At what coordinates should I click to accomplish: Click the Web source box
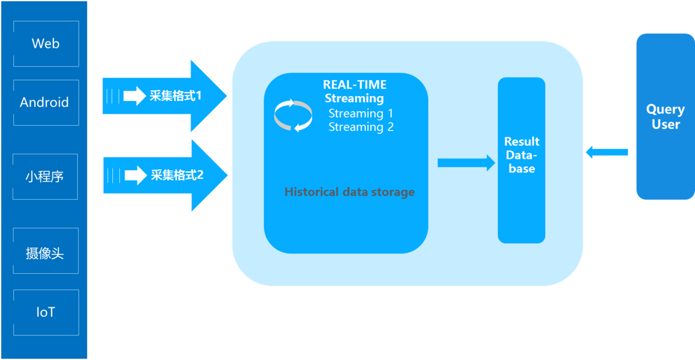(45, 43)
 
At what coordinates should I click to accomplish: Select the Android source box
(45, 102)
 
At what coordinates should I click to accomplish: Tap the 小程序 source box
(45, 177)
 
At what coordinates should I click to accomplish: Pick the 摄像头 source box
(45, 253)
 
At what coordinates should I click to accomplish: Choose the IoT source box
(45, 313)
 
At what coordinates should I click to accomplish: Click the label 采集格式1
(175, 95)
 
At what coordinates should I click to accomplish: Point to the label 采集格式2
(177, 174)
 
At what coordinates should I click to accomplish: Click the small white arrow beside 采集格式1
(134, 96)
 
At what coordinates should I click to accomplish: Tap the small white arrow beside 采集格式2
(136, 175)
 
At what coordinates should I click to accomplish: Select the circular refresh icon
(293, 116)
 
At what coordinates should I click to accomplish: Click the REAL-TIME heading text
(354, 85)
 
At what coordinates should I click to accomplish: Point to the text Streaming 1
(360, 113)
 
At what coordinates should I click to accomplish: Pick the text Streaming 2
(361, 127)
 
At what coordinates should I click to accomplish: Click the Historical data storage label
(349, 192)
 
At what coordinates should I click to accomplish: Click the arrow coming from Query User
(606, 152)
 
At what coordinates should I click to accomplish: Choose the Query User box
(665, 116)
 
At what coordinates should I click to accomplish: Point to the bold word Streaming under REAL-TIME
(354, 98)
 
